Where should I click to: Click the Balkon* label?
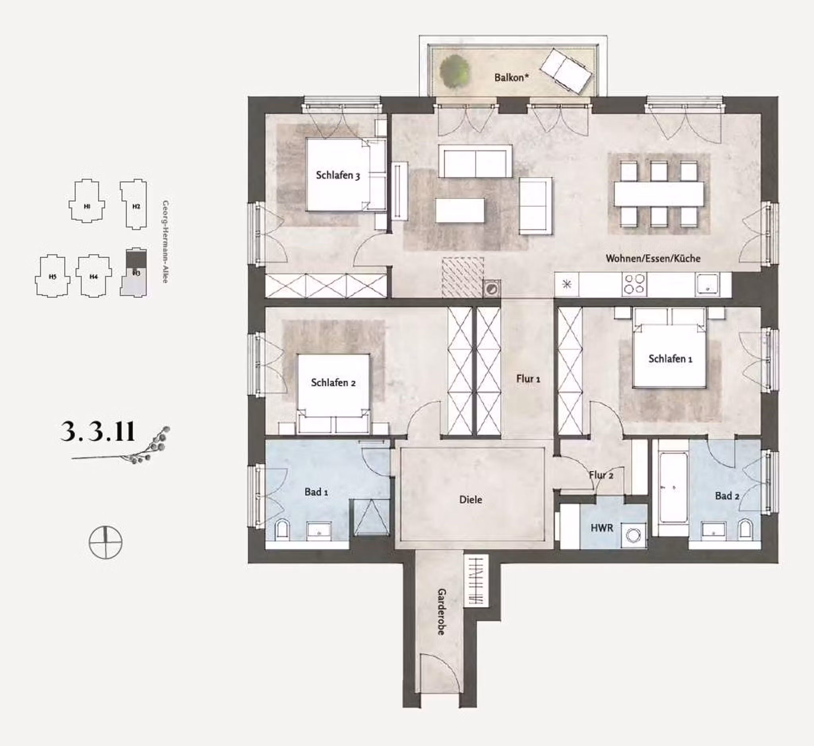512,77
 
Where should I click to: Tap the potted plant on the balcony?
455,71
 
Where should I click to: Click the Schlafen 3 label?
337,175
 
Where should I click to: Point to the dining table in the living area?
659,194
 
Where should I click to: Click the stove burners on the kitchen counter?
634,284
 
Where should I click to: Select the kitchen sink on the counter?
707,284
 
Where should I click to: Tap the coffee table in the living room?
460,210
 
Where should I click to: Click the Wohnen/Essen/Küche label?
653,258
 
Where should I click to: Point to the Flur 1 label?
528,379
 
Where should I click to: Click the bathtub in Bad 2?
673,488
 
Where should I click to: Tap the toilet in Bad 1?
282,530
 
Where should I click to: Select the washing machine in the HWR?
633,536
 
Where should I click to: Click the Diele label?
470,499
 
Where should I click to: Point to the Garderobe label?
441,612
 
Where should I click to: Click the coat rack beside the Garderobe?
477,581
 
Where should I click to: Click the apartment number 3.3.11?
97,431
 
